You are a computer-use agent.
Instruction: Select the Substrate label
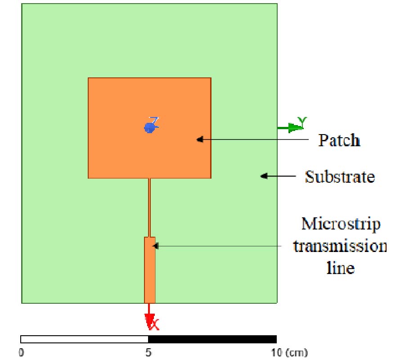[340, 176]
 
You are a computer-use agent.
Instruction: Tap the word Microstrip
[341, 223]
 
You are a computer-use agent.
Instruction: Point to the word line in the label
[340, 268]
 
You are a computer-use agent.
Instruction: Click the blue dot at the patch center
[149, 128]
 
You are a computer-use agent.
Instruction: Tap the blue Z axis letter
[154, 121]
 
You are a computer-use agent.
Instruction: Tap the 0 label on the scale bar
[22, 351]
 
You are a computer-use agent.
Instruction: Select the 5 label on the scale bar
[148, 351]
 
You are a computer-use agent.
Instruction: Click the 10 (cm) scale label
[288, 351]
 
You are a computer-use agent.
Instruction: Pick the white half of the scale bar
[85, 339]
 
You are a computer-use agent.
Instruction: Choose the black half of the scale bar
[212, 339]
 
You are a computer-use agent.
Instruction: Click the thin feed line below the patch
[149, 207]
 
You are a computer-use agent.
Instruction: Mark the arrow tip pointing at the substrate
[262, 176]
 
